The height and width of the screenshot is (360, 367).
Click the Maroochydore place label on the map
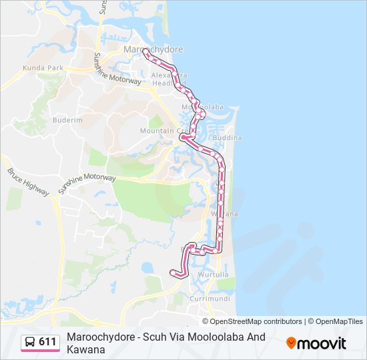point(153,49)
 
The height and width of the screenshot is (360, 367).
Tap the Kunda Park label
point(42,68)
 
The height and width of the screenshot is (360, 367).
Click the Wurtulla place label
point(214,274)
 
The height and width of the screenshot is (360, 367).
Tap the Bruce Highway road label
point(29,181)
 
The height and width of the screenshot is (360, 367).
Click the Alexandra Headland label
point(171,79)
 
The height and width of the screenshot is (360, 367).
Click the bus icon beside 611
point(30,342)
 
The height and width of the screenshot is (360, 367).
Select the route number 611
point(47,342)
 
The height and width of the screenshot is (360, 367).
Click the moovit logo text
point(322,343)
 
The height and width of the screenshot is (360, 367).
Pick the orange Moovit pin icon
point(291,343)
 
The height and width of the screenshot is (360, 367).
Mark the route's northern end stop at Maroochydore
point(145,51)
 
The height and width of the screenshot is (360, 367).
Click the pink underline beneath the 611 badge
point(40,351)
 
